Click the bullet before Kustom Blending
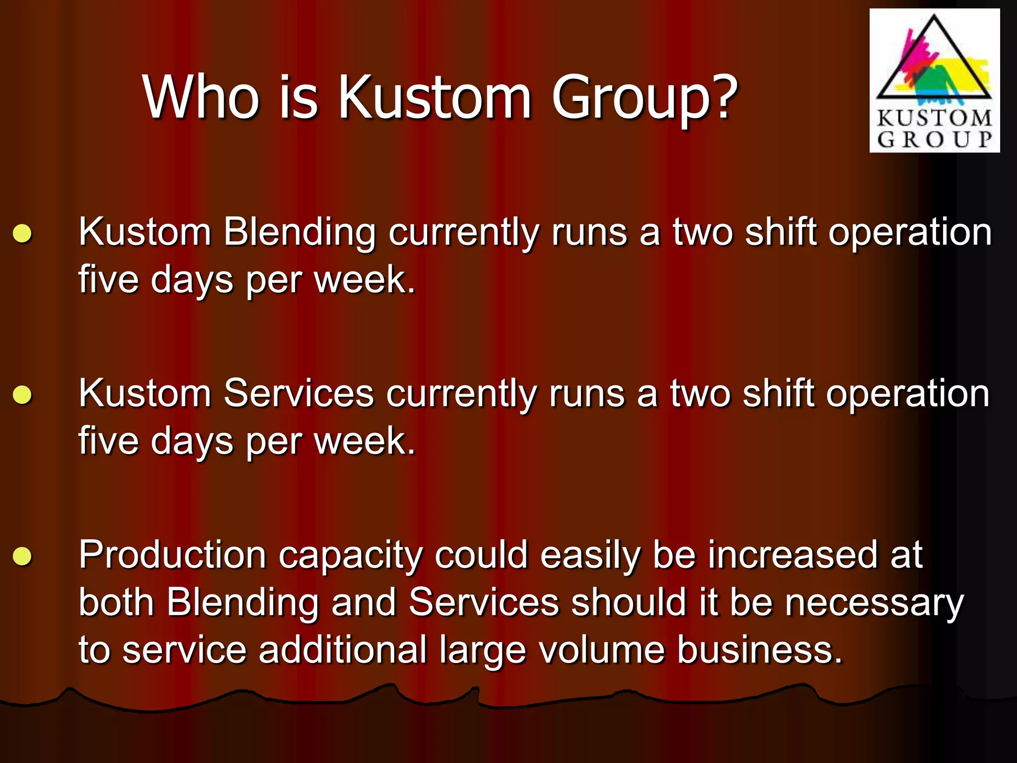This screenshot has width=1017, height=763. (x=22, y=233)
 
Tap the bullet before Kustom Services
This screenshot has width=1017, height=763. (x=22, y=395)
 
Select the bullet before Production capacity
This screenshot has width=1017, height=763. (x=22, y=556)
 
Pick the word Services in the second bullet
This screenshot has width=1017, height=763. (x=298, y=393)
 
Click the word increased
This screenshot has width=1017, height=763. (x=793, y=555)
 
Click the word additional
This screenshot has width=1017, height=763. (x=343, y=650)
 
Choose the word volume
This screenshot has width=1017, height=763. (x=602, y=650)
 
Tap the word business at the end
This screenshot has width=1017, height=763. (x=760, y=650)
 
